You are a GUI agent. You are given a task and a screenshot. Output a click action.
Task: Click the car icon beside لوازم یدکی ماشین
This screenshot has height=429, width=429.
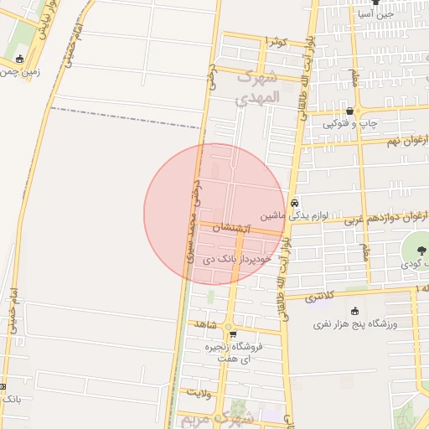[x=294, y=204]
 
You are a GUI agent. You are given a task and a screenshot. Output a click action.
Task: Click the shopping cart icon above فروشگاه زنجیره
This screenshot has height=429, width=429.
[x=233, y=334]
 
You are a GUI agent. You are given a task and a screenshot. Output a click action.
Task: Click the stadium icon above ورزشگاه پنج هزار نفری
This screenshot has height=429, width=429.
[x=354, y=311]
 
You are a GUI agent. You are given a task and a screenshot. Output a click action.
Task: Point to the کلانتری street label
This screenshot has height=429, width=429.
[x=318, y=296]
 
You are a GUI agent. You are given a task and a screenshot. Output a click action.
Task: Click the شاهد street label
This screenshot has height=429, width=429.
[x=205, y=323]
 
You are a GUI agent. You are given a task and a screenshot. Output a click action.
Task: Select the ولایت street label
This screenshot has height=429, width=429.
[x=198, y=391]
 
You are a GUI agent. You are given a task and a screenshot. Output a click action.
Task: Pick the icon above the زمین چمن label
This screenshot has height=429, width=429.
[x=20, y=59]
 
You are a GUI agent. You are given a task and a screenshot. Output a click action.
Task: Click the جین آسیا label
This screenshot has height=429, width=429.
[x=375, y=14]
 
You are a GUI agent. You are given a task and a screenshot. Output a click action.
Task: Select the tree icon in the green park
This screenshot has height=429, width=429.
[x=416, y=252]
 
